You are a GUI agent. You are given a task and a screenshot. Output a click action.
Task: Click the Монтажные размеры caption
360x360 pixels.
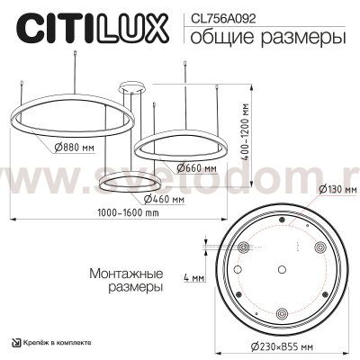(x=126, y=281)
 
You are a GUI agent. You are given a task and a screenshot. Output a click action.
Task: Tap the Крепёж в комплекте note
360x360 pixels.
(x=56, y=345)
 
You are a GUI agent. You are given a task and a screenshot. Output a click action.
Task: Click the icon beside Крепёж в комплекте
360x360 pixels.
(x=14, y=345)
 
